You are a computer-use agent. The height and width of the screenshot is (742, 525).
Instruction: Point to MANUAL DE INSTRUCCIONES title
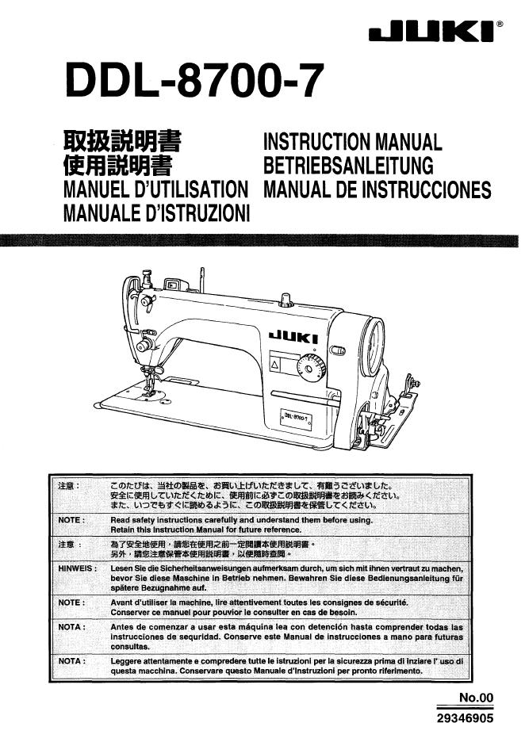click(x=377, y=190)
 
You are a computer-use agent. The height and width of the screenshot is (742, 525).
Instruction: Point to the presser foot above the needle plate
click(x=148, y=389)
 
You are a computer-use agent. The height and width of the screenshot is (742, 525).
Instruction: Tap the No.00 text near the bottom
click(x=477, y=698)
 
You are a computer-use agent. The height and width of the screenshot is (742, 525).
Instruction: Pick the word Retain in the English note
click(x=123, y=529)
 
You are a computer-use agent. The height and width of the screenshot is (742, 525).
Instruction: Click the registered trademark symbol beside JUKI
click(x=499, y=25)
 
